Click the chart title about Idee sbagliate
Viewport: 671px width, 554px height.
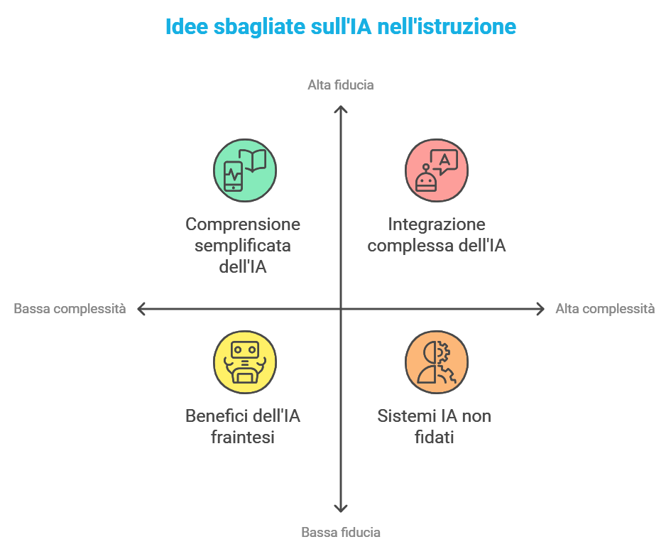pyautogui.click(x=340, y=27)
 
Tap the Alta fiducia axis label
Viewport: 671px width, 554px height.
pyautogui.click(x=341, y=85)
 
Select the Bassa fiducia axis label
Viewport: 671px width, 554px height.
pyautogui.click(x=341, y=532)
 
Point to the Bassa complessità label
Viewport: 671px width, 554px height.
pyautogui.click(x=70, y=309)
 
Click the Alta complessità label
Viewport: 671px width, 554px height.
pyautogui.click(x=605, y=309)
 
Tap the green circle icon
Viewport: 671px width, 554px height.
pyautogui.click(x=245, y=170)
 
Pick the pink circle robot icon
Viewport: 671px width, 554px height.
pyautogui.click(x=437, y=170)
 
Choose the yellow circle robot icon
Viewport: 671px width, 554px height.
pyautogui.click(x=245, y=362)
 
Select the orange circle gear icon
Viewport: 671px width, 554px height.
pyautogui.click(x=437, y=362)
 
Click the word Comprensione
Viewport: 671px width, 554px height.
pyautogui.click(x=243, y=224)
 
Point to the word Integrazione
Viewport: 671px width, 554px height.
pyautogui.click(x=437, y=224)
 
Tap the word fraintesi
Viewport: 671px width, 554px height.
pyautogui.click(x=243, y=438)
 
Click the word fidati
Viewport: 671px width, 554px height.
pyautogui.click(x=435, y=438)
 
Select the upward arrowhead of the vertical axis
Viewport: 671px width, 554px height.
pyautogui.click(x=341, y=109)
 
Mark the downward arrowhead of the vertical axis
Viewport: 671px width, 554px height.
pyautogui.click(x=341, y=508)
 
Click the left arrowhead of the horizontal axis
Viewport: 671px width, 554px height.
pyautogui.click(x=141, y=309)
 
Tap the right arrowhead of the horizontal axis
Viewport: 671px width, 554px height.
pyautogui.click(x=540, y=309)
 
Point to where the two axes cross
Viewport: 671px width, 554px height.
pyautogui.click(x=341, y=309)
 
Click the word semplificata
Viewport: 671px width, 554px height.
pyautogui.click(x=243, y=246)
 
